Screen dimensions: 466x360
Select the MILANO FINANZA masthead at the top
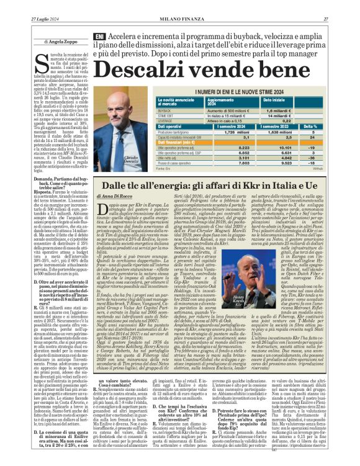point(179,5)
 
